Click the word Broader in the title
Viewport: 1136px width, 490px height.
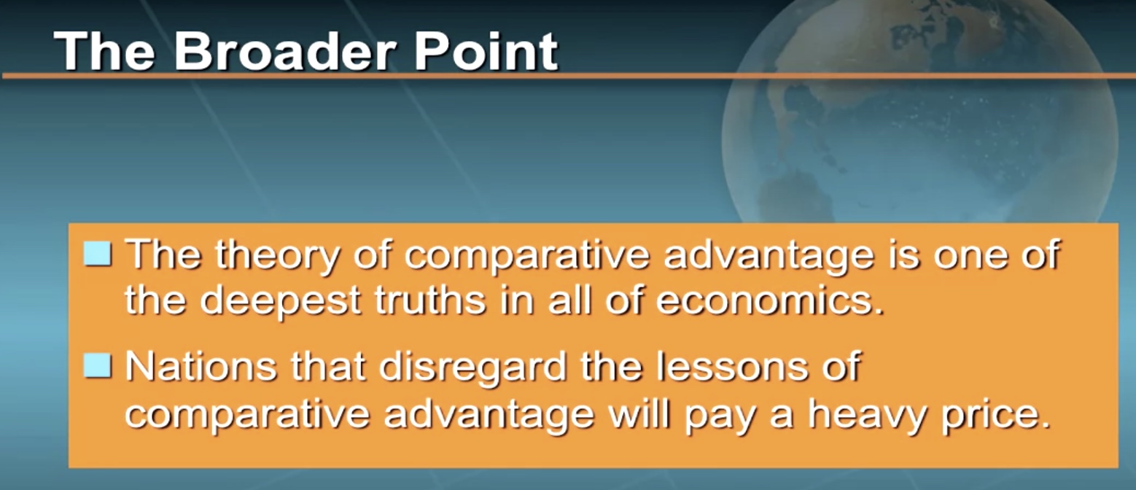(x=284, y=51)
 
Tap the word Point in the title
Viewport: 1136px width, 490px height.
(x=486, y=51)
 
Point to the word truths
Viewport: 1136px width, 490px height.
(x=431, y=300)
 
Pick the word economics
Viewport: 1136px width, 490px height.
(x=770, y=300)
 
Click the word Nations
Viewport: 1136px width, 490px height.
(x=201, y=366)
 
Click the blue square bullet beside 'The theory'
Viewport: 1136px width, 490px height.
(x=98, y=254)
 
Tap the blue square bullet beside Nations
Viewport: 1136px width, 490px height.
(x=98, y=366)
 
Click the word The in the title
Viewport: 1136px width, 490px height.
(x=104, y=51)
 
